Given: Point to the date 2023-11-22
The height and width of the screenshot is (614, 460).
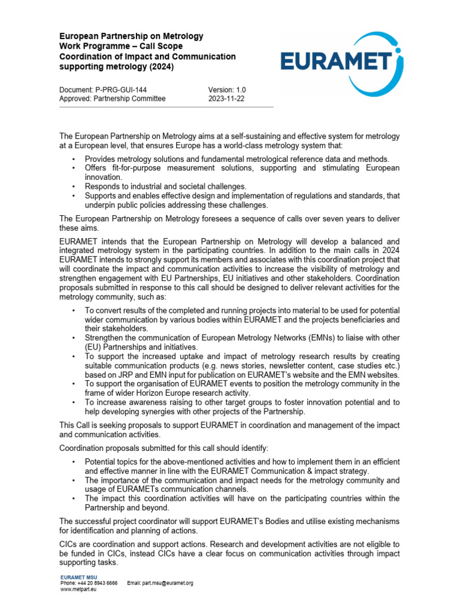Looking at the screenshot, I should (226, 99).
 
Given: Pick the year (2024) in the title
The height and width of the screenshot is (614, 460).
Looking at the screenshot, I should (159, 67).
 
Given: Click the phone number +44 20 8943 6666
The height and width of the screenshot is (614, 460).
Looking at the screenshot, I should (98, 583).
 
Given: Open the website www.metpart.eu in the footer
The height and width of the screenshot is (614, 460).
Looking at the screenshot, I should (78, 589).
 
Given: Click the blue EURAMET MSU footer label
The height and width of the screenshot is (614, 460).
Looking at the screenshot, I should (78, 576).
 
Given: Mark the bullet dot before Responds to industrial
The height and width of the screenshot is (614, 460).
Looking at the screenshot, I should (73, 186).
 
